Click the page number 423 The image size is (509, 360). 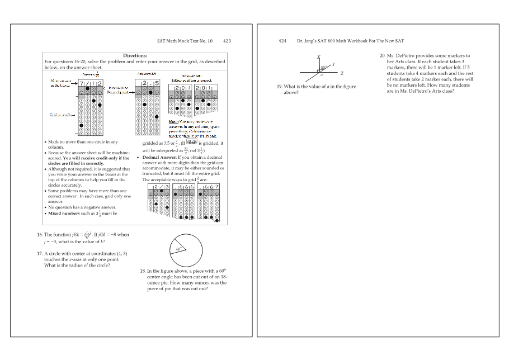click(x=227, y=41)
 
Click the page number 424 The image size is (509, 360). click(x=282, y=41)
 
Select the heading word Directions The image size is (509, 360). click(x=135, y=55)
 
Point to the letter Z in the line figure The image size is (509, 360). click(x=342, y=73)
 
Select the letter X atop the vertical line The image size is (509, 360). click(x=318, y=57)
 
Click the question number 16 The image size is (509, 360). click(x=40, y=235)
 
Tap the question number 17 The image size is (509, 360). click(x=40, y=253)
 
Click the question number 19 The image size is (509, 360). click(x=279, y=87)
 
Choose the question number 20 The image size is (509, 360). click(x=383, y=56)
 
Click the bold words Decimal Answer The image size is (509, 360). click(x=161, y=158)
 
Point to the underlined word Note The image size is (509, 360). click(x=173, y=121)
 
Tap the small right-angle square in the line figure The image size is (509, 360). click(x=318, y=72)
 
